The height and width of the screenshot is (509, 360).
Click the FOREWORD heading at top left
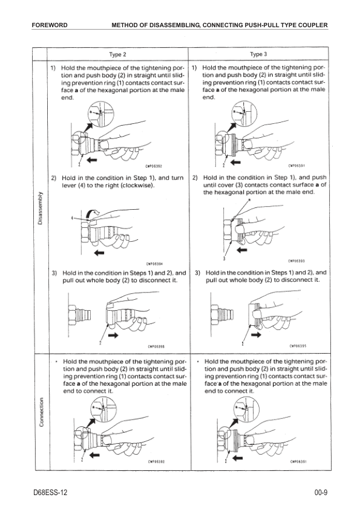coord(50,25)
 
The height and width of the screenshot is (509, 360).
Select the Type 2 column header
coord(117,54)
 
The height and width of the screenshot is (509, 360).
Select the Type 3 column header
coord(258,54)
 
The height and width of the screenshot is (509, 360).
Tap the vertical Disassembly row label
coord(41,208)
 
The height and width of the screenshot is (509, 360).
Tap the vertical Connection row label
coord(41,412)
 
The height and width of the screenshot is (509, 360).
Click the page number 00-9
coord(321,493)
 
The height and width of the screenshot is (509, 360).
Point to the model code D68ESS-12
coord(50,493)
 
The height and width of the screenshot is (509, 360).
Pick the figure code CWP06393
coord(296,261)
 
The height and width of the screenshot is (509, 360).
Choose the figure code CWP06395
coord(298,346)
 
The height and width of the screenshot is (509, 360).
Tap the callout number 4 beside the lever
coord(72,218)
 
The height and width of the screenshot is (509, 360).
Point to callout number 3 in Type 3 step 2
coord(224,259)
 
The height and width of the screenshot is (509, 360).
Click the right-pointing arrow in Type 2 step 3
coord(113,336)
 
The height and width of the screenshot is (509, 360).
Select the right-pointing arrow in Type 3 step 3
coord(256,335)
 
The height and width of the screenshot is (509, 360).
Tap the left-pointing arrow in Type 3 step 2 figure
coord(242,250)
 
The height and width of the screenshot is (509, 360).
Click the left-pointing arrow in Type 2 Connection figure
coord(94,455)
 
